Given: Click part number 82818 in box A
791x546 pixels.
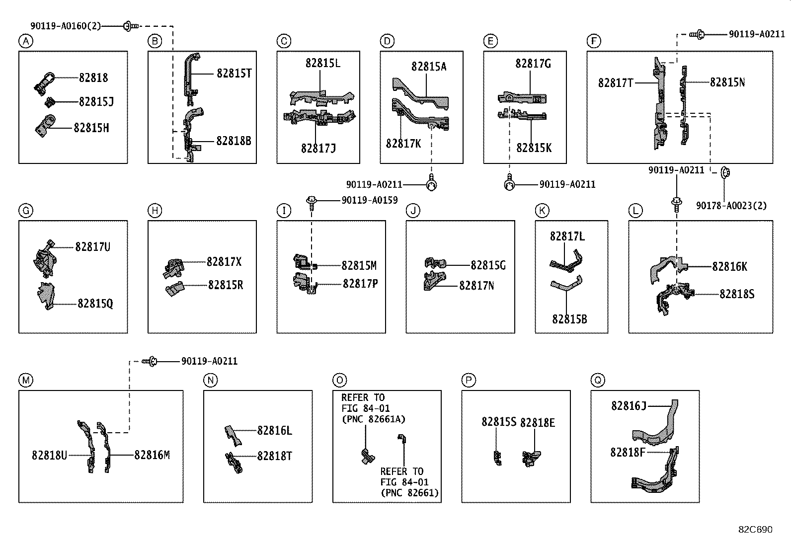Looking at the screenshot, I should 93,78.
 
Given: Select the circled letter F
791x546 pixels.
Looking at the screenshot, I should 593,41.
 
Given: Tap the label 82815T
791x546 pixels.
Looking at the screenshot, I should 234,74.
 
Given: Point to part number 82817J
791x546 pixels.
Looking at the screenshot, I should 318,149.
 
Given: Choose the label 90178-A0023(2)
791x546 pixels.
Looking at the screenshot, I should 731,206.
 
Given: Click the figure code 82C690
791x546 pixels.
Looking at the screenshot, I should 755,530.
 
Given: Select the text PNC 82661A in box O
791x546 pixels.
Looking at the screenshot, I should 373,419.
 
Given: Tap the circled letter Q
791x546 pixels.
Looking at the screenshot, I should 597,381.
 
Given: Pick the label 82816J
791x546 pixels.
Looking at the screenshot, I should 629,406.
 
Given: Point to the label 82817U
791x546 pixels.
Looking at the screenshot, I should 93,246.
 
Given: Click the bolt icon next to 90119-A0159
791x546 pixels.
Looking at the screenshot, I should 312,201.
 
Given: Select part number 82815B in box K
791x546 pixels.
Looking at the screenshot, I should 569,319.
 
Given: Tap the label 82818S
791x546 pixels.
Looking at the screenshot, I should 737,294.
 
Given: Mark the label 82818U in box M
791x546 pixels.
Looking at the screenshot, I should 49,455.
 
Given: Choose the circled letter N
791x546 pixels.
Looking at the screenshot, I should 210,381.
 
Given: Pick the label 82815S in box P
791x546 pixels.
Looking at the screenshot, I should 499,422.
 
